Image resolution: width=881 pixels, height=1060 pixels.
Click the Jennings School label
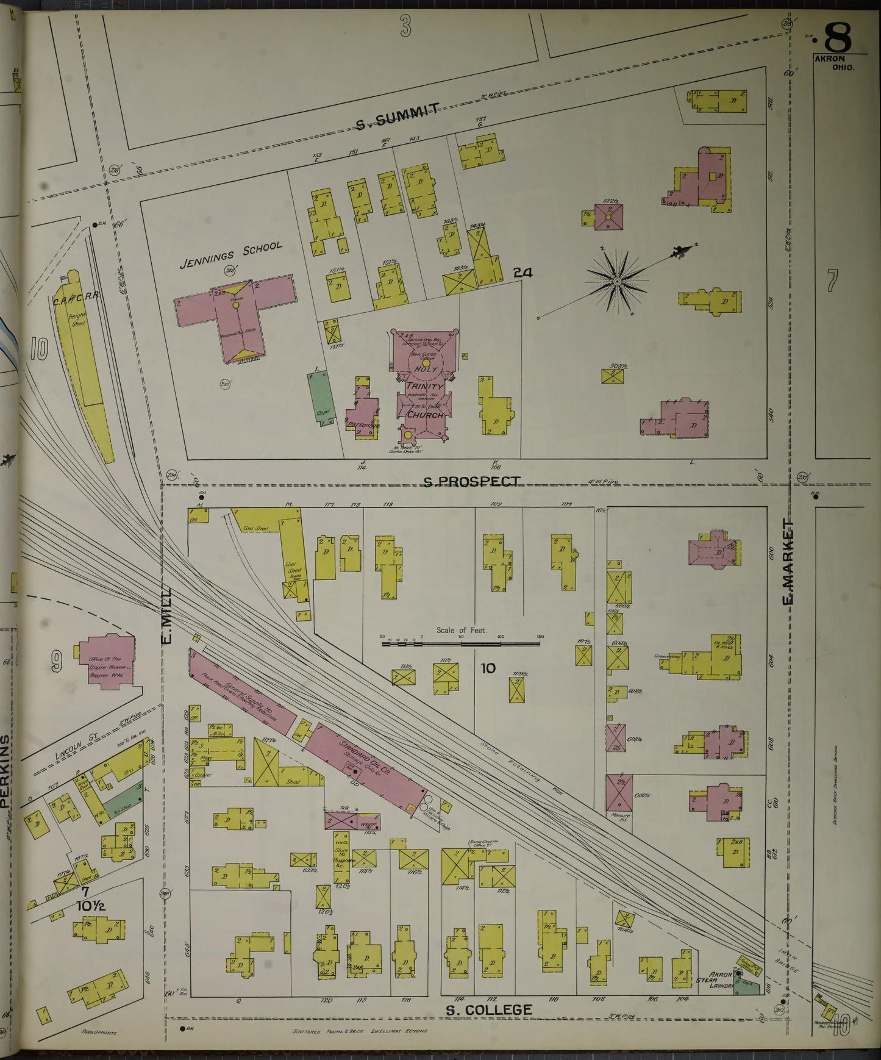point(231,256)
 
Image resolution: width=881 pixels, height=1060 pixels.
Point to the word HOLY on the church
point(426,370)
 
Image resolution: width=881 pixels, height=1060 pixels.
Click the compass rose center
point(617,281)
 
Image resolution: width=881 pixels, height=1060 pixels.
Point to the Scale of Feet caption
point(461,630)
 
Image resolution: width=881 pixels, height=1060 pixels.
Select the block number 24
point(523,273)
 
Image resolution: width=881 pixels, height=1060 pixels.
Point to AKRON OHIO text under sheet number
point(836,63)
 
